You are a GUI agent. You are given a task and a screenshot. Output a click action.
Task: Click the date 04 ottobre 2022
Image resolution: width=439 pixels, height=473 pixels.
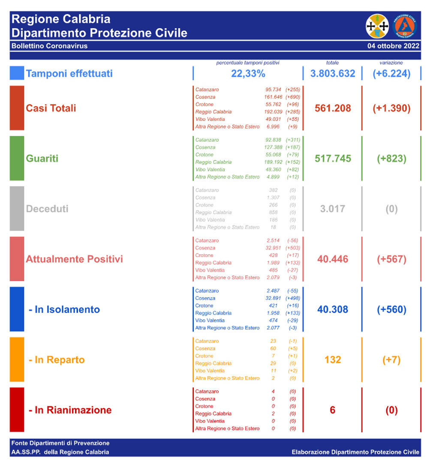pos(393,46)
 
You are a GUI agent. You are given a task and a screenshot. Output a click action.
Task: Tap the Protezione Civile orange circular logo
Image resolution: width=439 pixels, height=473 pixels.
pos(404,26)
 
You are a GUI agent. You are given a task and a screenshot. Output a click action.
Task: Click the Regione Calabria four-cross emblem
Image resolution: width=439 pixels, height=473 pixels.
pos(377,26)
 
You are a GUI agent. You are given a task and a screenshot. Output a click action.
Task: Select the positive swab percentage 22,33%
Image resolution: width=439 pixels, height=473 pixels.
pos(248,73)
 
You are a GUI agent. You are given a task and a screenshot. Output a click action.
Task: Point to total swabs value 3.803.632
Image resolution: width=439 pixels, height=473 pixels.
pos(333,73)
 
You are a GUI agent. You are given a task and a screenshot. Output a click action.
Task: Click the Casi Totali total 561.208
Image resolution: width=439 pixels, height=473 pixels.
pos(333,108)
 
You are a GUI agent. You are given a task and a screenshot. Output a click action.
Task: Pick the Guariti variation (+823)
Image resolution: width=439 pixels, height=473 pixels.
pos(391,158)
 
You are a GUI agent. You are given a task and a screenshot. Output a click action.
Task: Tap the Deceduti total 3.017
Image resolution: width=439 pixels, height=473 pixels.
pos(333,209)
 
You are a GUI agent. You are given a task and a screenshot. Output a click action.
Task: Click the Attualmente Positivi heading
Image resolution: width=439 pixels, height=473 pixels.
pos(74,259)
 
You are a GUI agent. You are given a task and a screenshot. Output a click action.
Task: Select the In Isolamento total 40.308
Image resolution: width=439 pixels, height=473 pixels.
pos(333,309)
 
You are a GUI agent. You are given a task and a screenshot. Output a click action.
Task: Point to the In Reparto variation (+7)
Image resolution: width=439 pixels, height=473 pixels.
pos(391,360)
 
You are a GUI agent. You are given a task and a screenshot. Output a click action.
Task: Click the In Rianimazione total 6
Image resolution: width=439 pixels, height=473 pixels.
pos(333,410)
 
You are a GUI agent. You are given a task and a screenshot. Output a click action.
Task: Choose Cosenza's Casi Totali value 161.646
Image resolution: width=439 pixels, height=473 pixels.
pos(273,97)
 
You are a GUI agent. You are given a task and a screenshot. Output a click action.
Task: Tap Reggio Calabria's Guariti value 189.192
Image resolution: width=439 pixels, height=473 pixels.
pos(273,162)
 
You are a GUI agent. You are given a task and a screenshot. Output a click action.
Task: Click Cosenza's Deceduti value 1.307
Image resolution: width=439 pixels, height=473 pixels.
pos(273,198)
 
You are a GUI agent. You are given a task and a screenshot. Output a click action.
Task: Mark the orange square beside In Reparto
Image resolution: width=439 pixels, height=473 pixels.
pos(17,359)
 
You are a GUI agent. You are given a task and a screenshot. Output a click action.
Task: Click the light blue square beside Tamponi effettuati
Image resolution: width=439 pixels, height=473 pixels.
pos(17,73)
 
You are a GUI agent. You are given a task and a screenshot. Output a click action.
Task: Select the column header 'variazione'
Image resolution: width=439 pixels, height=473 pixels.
pos(391,63)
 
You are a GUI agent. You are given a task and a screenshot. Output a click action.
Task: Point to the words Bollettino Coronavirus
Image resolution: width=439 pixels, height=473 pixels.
pos(49,46)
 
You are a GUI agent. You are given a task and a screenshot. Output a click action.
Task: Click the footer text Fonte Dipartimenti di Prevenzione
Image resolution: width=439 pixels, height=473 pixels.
pos(60,443)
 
